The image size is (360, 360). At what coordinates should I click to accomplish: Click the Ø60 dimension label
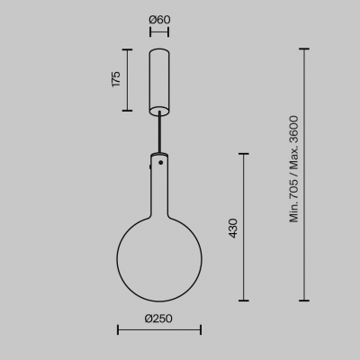(159, 20)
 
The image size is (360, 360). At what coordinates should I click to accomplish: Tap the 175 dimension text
(116, 79)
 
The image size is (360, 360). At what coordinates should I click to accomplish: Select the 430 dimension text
(233, 229)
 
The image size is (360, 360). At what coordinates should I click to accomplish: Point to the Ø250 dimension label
(158, 319)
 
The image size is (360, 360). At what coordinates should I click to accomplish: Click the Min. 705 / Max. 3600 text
(294, 169)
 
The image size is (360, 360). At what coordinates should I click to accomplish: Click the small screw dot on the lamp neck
(161, 163)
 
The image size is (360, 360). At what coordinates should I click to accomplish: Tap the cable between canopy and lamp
(159, 132)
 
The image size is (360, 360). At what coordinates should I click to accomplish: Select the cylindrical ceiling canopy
(159, 82)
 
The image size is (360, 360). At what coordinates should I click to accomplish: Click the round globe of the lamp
(159, 259)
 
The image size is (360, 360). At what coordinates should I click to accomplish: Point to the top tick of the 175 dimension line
(128, 49)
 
